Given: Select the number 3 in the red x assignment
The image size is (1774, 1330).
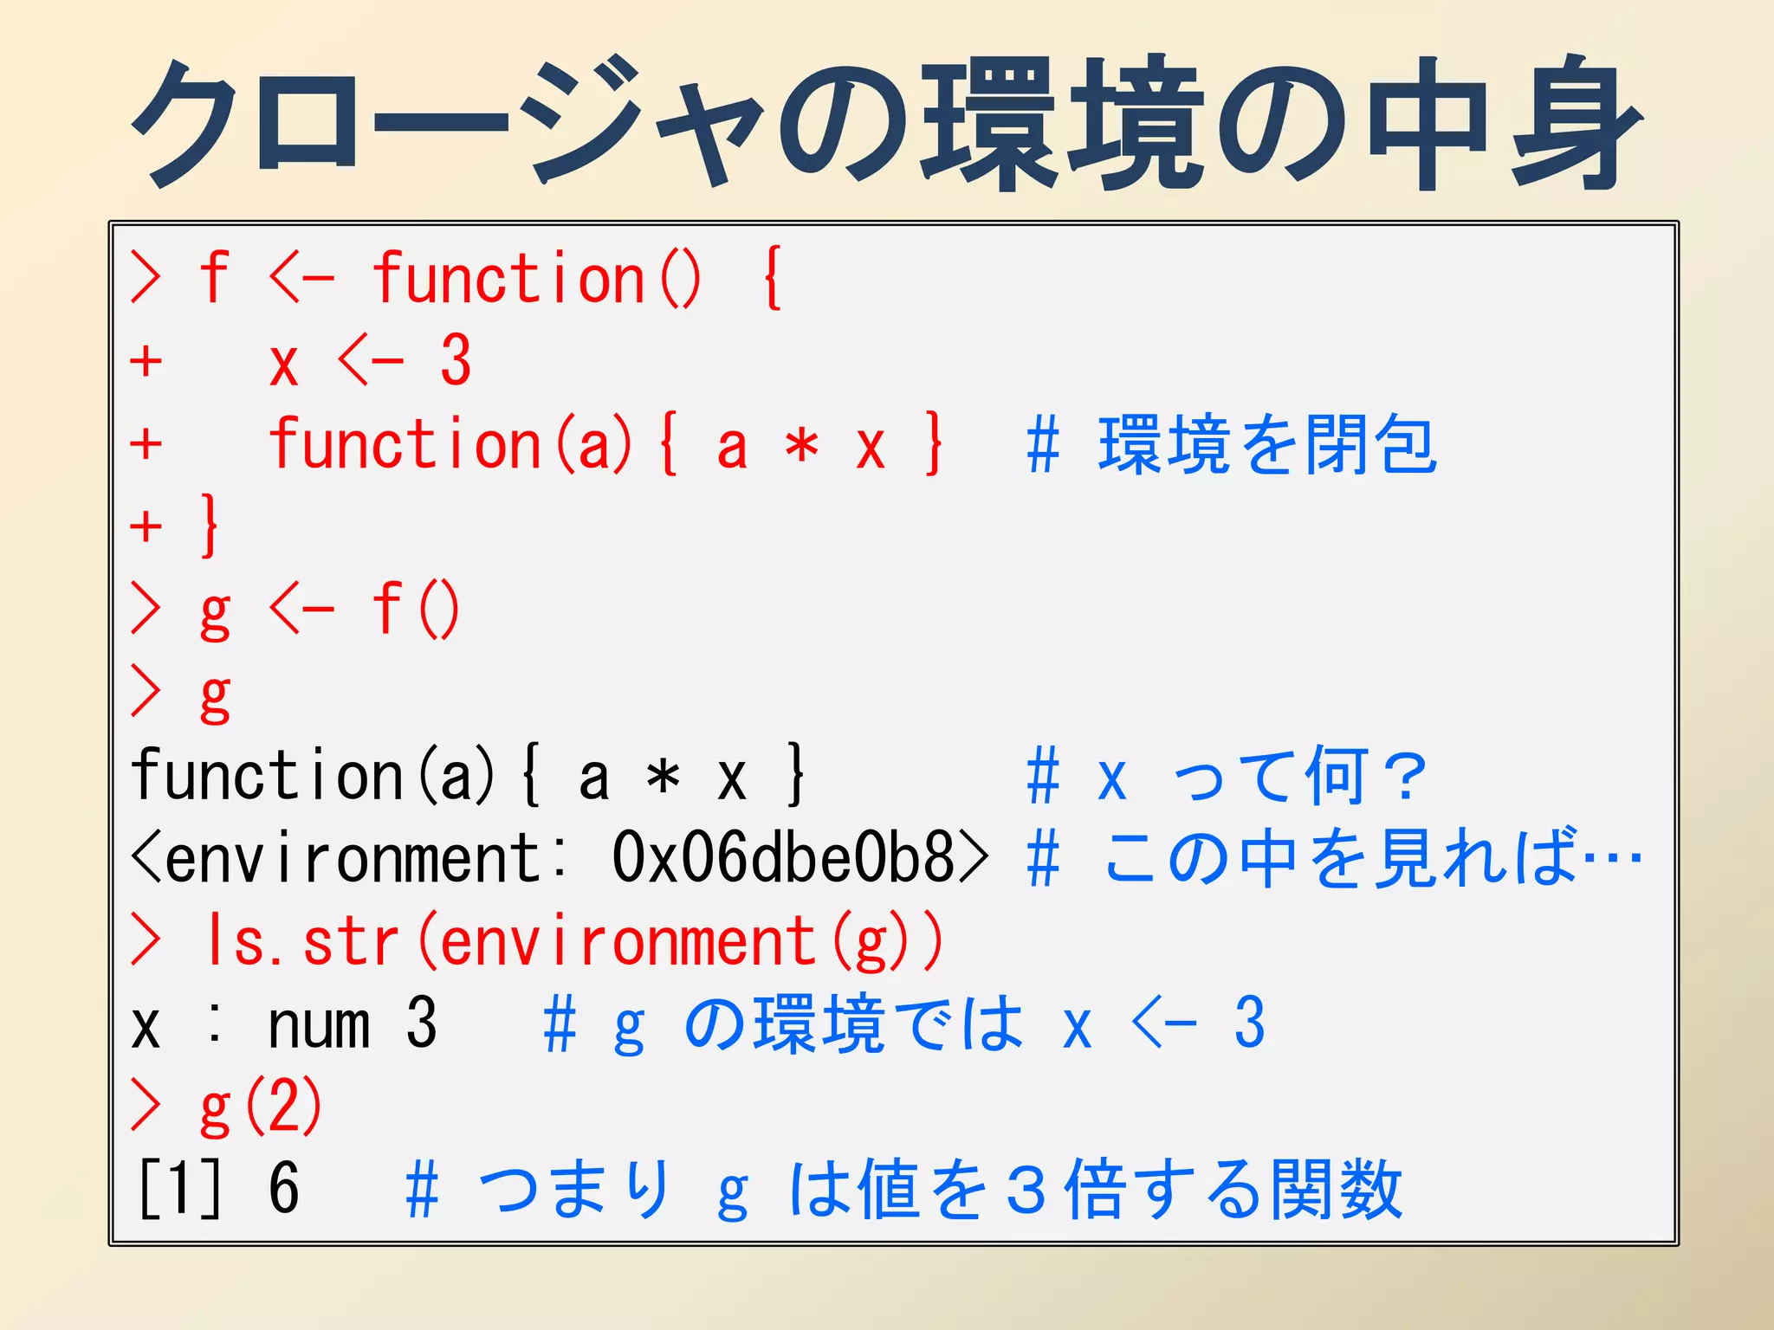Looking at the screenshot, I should click(x=456, y=360).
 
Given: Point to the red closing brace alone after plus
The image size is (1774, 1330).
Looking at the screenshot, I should click(x=209, y=525).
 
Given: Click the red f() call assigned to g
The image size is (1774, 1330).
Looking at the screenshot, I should click(x=416, y=610).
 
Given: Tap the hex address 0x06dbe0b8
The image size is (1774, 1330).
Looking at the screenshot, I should click(x=784, y=857).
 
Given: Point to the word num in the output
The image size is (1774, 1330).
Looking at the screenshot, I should click(x=320, y=1024).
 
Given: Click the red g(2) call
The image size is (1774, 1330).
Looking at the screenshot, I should click(x=261, y=1107).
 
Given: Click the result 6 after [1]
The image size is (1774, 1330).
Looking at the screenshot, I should click(x=283, y=1188).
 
